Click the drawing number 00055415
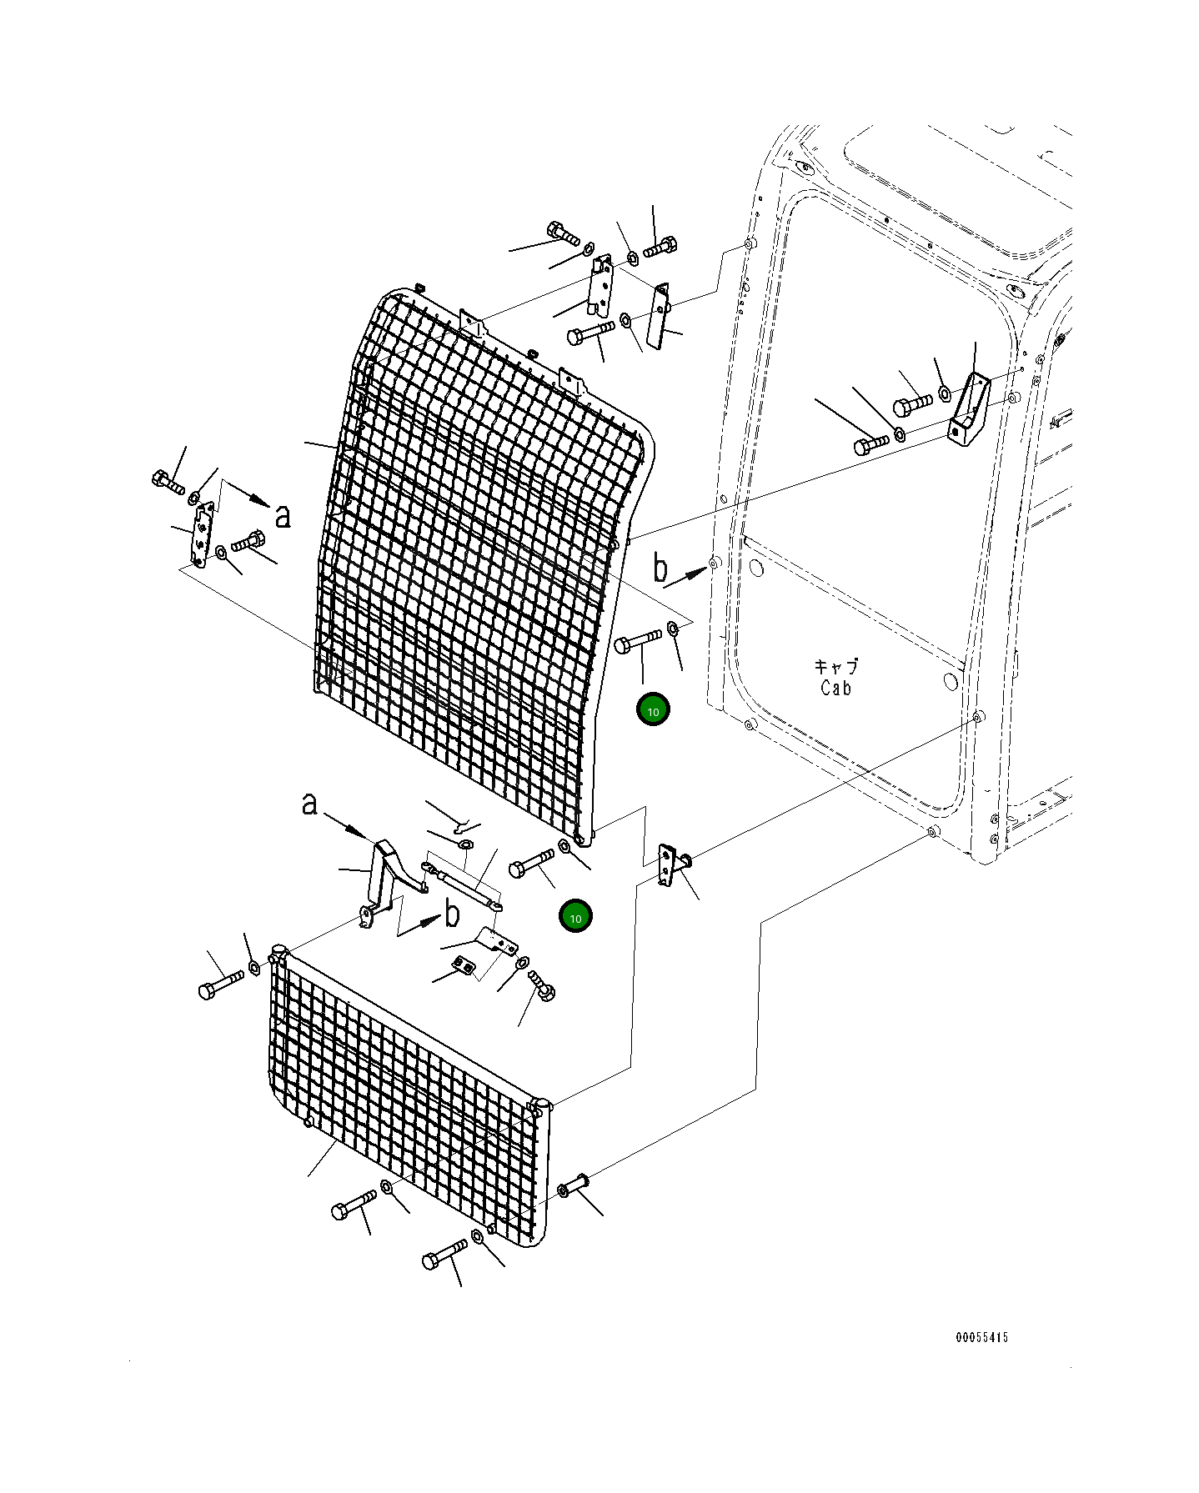coord(981,1338)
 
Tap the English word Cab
coord(835,688)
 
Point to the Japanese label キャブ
coord(835,667)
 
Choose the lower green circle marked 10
coord(575,917)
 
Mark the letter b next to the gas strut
coord(451,914)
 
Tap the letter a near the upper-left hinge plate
coord(283,515)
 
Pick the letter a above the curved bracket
coord(309,804)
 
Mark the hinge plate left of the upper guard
coord(203,535)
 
